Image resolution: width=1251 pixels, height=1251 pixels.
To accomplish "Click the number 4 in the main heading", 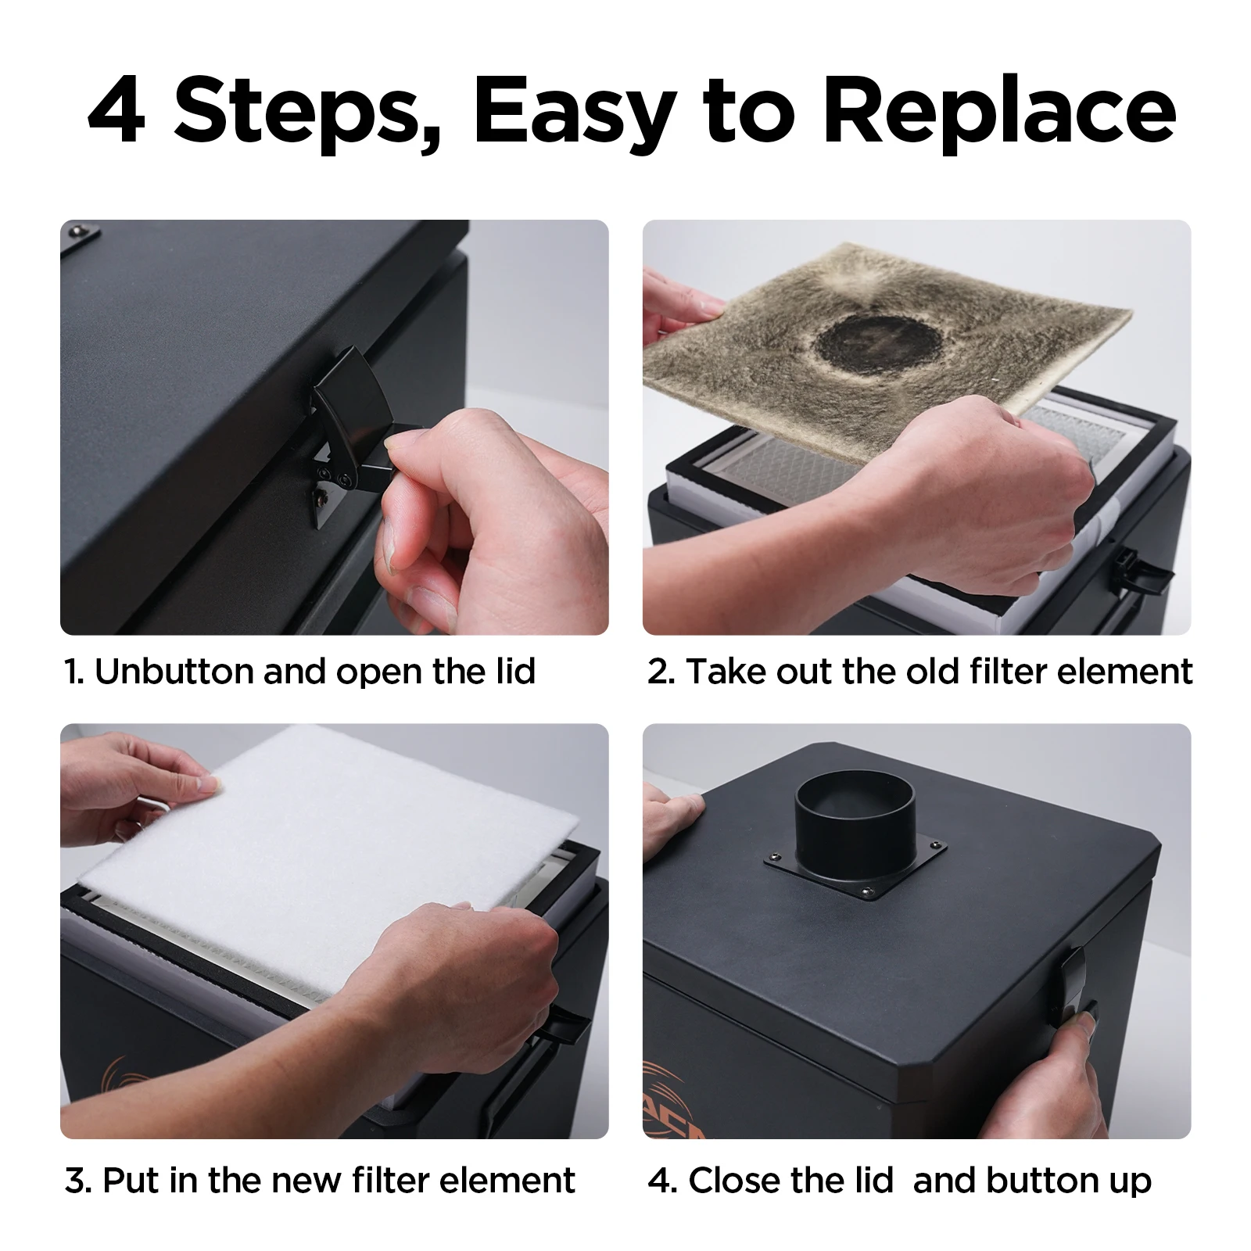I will click(x=117, y=114).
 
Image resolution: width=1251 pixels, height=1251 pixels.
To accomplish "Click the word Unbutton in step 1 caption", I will click(x=174, y=672).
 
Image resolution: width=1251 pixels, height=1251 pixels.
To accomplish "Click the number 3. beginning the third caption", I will click(x=79, y=1181).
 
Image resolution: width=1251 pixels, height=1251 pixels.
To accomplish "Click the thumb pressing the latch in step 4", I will click(x=1084, y=1020).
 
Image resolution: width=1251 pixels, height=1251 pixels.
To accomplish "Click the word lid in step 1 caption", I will click(x=515, y=672).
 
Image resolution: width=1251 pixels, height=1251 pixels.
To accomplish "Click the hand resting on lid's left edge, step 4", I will click(x=671, y=813).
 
